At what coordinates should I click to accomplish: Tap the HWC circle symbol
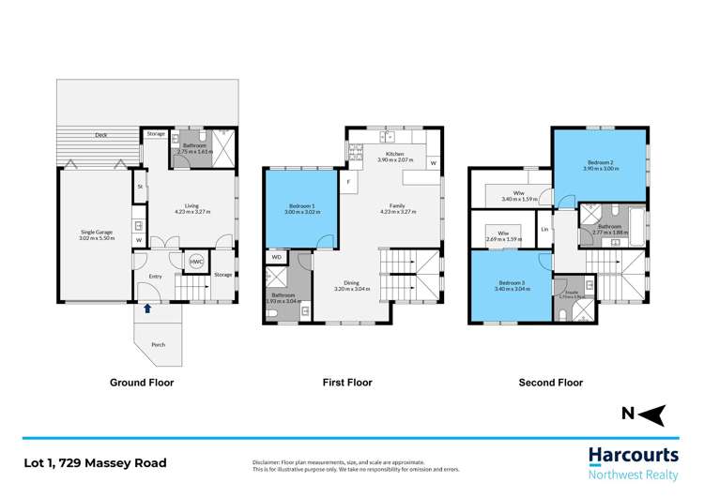tap(196, 263)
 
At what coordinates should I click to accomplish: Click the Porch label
tap(159, 345)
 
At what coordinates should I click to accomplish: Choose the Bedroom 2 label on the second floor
tap(599, 163)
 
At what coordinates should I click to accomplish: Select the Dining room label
tap(352, 284)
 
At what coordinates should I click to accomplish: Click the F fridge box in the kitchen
tap(348, 181)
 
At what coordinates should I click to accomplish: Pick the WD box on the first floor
tap(276, 257)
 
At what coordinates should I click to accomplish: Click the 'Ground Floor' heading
tap(142, 383)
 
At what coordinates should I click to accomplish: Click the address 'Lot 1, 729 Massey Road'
tap(96, 463)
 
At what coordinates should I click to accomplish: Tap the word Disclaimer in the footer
tap(270, 462)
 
